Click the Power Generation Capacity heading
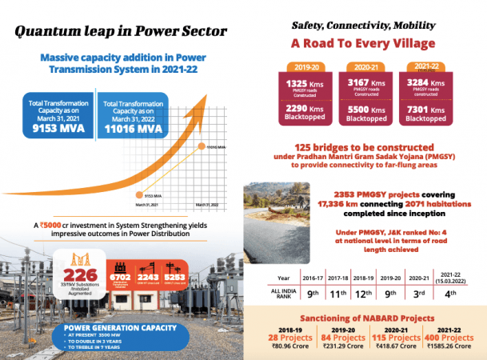(x=110, y=326)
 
